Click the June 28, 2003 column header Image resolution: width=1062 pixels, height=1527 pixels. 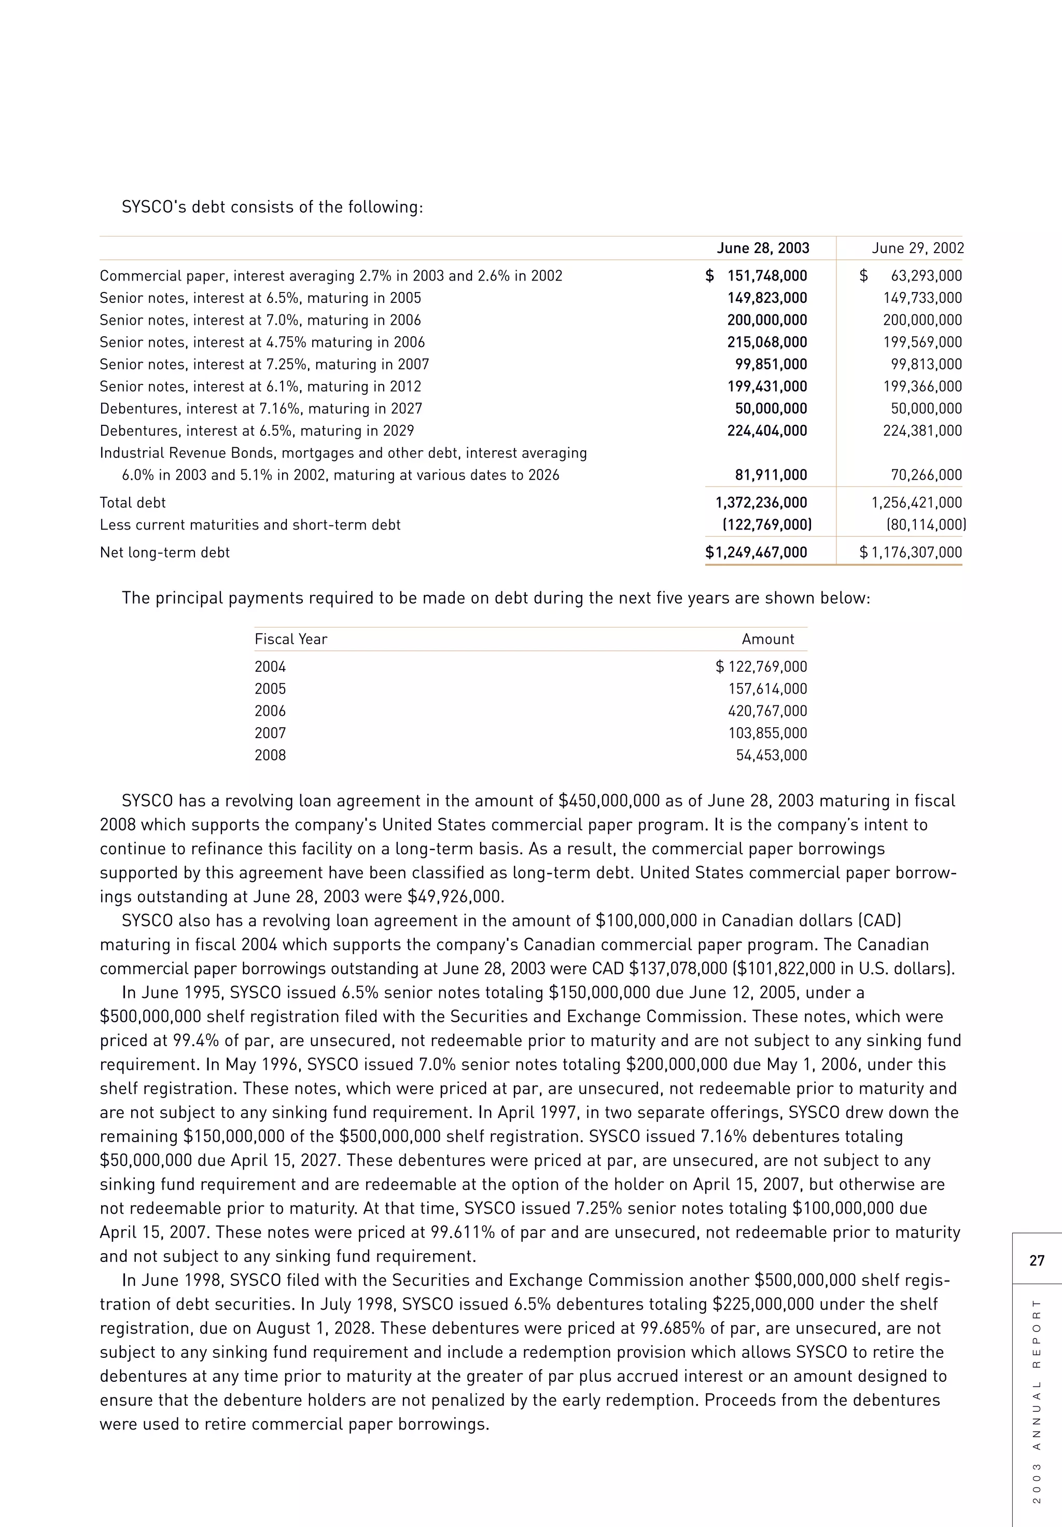(x=763, y=248)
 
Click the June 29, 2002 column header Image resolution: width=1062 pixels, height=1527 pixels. (x=918, y=248)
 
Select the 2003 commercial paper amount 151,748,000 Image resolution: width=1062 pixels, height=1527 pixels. (x=767, y=275)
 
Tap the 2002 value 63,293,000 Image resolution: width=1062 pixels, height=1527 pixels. (x=926, y=275)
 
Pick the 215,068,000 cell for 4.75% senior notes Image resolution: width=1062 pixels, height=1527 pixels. (x=767, y=342)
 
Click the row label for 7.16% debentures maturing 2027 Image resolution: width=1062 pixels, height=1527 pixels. (x=261, y=408)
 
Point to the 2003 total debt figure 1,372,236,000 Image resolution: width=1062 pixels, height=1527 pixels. (x=761, y=503)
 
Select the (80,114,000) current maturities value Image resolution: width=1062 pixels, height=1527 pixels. (x=926, y=525)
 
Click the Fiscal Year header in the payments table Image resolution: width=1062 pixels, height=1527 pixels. (x=290, y=639)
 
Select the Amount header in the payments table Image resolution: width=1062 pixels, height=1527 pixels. (x=767, y=639)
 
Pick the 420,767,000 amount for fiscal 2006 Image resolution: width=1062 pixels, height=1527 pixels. (x=767, y=711)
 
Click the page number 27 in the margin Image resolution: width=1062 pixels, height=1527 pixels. (x=1037, y=1260)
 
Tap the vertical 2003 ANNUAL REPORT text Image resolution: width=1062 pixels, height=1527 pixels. (x=1036, y=1400)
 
